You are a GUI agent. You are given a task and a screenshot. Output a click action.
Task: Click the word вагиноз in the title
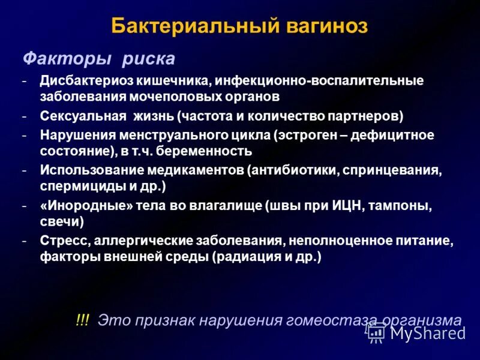pyautogui.click(x=325, y=26)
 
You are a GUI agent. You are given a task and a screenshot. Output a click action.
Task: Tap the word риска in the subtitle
pyautogui.click(x=148, y=59)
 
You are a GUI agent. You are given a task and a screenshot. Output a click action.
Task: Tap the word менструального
pyautogui.click(x=160, y=135)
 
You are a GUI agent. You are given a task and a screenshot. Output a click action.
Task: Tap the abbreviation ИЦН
pyautogui.click(x=344, y=206)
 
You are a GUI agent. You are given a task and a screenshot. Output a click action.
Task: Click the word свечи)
pyautogui.click(x=62, y=221)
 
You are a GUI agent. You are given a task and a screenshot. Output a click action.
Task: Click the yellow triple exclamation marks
pyautogui.click(x=83, y=320)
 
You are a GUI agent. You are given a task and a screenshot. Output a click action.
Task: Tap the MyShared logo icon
pyautogui.click(x=376, y=332)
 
